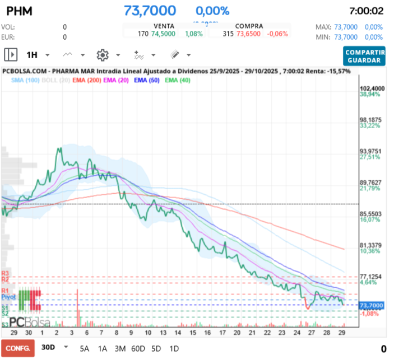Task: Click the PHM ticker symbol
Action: point(19,11)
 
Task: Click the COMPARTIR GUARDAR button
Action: point(365,55)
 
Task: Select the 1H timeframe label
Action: point(32,55)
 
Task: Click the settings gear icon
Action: point(102,55)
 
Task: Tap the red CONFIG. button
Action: point(17,348)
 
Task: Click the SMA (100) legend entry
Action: point(25,81)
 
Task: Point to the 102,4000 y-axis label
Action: point(372,89)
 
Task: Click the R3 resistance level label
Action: point(5,273)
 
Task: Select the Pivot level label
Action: point(8,297)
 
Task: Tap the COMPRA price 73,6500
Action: point(249,34)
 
